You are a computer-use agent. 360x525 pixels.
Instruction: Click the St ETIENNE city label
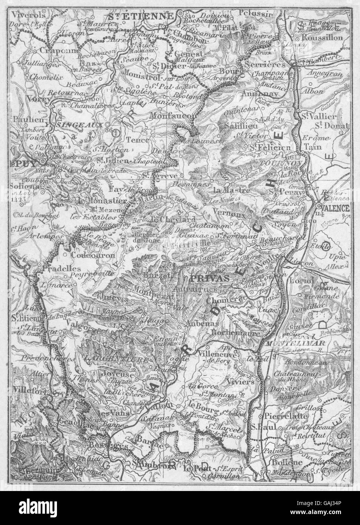click(x=140, y=16)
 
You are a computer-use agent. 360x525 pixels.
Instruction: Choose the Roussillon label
click(x=327, y=38)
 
